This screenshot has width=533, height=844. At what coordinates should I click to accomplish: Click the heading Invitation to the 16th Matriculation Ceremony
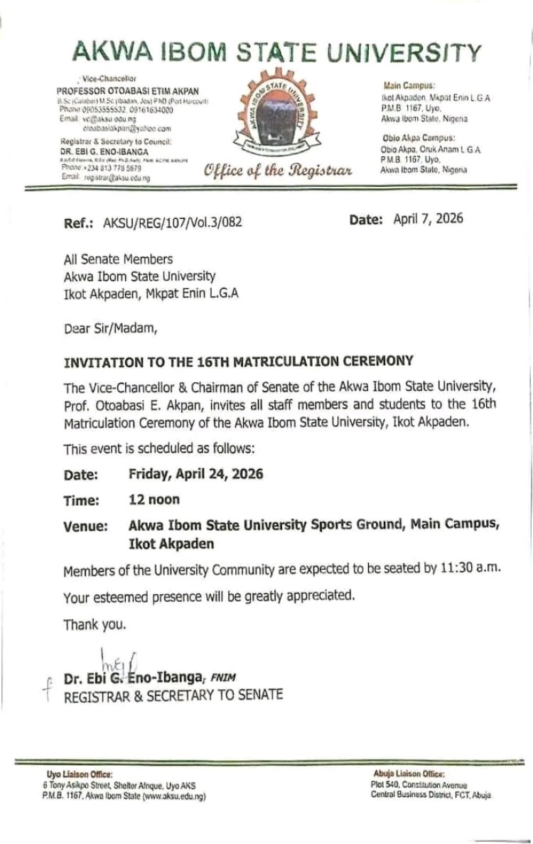(238, 360)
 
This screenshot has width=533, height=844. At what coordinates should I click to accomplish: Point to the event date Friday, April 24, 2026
(196, 474)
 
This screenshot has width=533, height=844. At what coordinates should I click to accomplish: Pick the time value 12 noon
(154, 499)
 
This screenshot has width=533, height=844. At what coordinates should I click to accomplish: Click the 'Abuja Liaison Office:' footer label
(409, 773)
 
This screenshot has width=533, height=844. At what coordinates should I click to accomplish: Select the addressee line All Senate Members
(118, 259)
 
